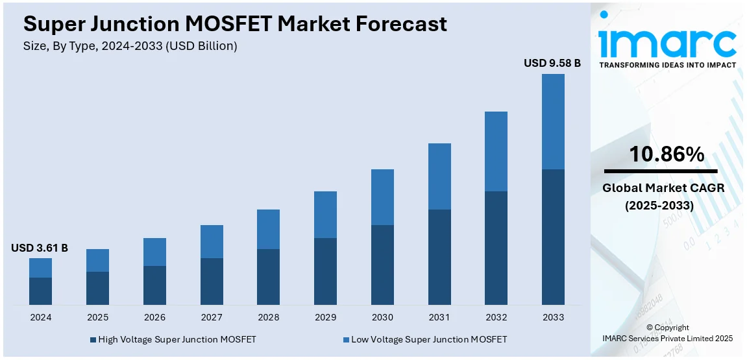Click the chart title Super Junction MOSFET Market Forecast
click(x=235, y=24)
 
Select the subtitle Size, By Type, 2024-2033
click(x=130, y=46)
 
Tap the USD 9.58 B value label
click(x=552, y=64)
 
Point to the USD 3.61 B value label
click(x=40, y=248)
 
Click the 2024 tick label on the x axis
click(x=40, y=317)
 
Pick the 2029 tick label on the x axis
click(x=325, y=317)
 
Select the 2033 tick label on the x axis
click(x=553, y=317)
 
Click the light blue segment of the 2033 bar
click(x=553, y=121)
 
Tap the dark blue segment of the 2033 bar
click(x=553, y=237)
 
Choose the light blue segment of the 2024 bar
click(x=40, y=268)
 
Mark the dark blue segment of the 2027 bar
click(x=212, y=282)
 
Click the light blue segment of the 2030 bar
click(x=382, y=197)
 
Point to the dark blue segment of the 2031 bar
click(x=439, y=257)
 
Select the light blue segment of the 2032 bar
click(x=496, y=151)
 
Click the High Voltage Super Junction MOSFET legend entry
click(x=173, y=339)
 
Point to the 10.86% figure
click(x=667, y=154)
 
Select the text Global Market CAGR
click(x=663, y=188)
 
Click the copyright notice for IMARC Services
click(x=667, y=333)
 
